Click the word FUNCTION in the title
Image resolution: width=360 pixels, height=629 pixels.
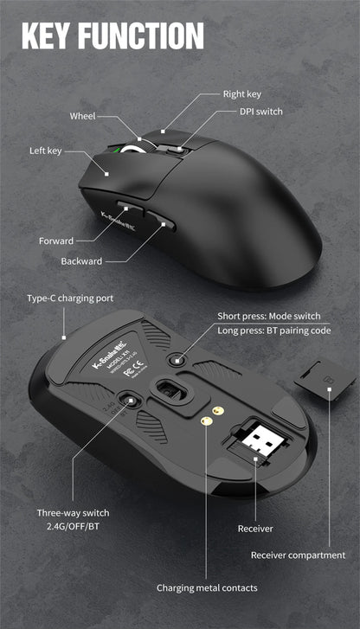[140, 36]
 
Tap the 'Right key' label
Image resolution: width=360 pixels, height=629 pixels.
[243, 93]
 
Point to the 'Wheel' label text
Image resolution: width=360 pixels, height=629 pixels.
[83, 116]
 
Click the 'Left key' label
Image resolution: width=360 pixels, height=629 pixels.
[45, 151]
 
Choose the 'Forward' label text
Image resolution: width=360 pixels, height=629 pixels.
[56, 241]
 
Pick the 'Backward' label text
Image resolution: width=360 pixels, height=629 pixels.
[81, 260]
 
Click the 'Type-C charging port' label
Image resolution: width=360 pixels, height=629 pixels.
[70, 298]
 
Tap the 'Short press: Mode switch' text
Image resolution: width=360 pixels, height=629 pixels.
[268, 316]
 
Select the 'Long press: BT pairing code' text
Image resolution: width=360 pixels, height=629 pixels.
[274, 331]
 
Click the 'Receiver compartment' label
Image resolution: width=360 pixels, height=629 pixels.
[298, 555]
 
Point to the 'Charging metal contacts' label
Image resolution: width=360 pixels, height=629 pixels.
[207, 587]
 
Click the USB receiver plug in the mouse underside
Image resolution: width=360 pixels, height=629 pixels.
[259, 439]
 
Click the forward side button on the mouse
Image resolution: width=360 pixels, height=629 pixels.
[127, 212]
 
